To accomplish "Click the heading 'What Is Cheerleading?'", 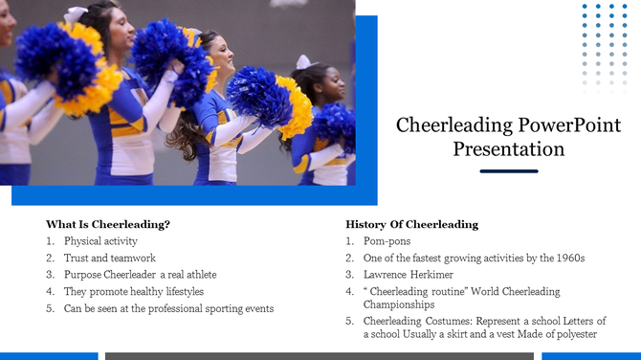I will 108,224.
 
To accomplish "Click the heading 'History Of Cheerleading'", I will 411,224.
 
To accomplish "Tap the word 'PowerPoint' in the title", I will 570,125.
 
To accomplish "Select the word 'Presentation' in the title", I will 508,149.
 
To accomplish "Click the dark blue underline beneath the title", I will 508,171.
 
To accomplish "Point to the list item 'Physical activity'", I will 100,241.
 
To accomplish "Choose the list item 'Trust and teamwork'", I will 109,258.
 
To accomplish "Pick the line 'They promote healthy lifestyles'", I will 133,291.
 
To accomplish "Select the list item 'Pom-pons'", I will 387,241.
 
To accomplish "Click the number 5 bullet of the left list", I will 49,308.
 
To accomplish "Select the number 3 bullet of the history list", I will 349,275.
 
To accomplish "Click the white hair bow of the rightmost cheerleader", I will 303,62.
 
